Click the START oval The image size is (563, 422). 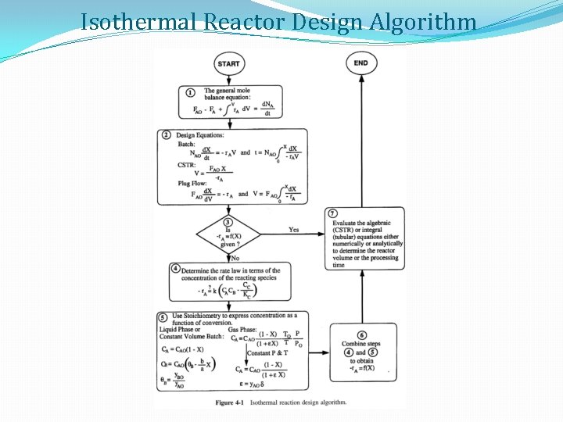click(x=228, y=64)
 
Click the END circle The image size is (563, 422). click(x=360, y=63)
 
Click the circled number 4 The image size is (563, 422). click(x=175, y=268)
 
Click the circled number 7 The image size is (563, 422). click(x=333, y=213)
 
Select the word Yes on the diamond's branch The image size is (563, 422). click(x=293, y=230)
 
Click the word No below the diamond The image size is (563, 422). click(x=235, y=258)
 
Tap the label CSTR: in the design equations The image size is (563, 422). click(x=187, y=164)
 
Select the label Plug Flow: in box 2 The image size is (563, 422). click(x=194, y=183)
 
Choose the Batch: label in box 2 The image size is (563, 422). click(x=186, y=144)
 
